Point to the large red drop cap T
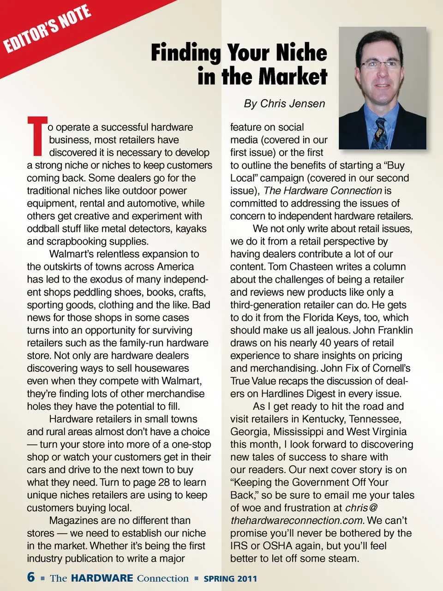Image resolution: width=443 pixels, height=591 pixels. tap(37, 137)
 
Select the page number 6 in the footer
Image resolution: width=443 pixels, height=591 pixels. tap(31, 577)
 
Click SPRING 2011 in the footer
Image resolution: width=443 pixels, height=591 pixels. tap(230, 579)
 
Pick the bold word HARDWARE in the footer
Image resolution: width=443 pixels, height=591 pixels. tap(102, 579)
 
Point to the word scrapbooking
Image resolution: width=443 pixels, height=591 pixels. tap(75, 241)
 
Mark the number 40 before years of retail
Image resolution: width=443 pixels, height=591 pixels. tap(325, 343)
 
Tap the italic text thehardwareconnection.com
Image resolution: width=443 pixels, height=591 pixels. tap(297, 520)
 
